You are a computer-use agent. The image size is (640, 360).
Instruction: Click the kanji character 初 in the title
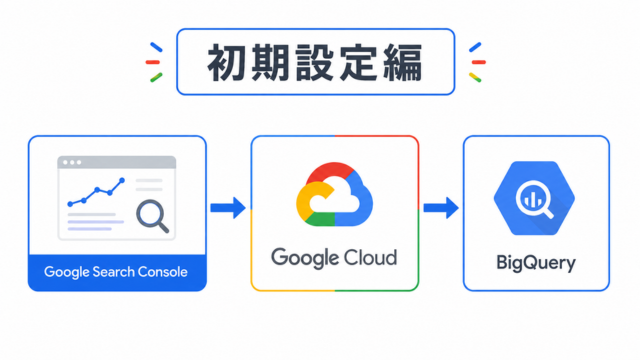point(227,63)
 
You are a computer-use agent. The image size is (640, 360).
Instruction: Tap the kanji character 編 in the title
point(403,63)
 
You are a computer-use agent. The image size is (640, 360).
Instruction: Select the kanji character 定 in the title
point(359,63)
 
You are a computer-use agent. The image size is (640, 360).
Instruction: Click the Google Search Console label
point(116,272)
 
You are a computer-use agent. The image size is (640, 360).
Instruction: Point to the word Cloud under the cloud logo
point(370,258)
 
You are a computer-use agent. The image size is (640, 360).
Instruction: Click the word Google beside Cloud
point(305,258)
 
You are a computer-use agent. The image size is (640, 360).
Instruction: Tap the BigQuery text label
point(536,263)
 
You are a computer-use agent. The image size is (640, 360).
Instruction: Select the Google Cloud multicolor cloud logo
point(334,194)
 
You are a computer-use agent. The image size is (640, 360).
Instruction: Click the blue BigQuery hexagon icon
point(534,198)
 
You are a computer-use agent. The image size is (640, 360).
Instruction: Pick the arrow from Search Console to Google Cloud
point(228,208)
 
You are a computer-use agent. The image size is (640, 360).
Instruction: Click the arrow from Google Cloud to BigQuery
point(441,208)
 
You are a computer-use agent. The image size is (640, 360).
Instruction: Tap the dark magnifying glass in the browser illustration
point(152,216)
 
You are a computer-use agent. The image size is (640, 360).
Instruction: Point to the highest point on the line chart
point(122,180)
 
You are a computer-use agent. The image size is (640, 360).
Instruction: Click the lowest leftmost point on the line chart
point(70,204)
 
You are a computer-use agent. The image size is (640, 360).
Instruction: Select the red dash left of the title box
point(153,62)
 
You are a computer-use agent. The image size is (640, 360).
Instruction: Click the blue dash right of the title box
point(475,47)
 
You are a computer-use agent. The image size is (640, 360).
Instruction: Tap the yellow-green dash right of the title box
point(475,78)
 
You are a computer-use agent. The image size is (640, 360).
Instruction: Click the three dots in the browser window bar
point(72,162)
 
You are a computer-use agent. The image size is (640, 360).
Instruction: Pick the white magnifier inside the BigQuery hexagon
point(534,200)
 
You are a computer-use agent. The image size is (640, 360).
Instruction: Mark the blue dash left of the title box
point(156,47)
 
